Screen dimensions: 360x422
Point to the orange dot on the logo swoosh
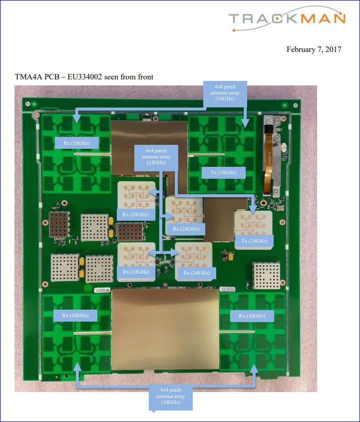234,30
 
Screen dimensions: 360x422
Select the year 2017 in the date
333,49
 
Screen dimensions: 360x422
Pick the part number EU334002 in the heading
85,77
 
